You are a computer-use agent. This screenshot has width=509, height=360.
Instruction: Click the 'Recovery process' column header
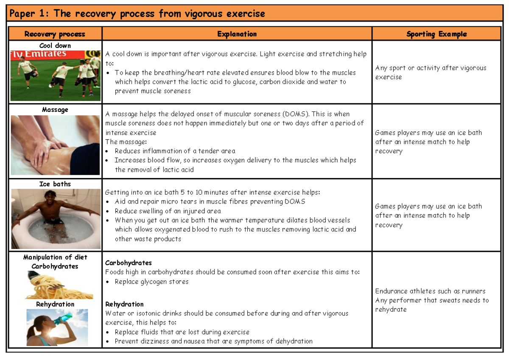pyautogui.click(x=55, y=34)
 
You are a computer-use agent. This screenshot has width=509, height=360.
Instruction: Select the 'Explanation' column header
pyautogui.click(x=237, y=34)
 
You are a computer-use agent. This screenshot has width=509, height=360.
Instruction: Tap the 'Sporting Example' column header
pyautogui.click(x=436, y=34)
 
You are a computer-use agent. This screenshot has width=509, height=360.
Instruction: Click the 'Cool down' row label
pyautogui.click(x=55, y=45)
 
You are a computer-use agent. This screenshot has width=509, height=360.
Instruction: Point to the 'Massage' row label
pyautogui.click(x=55, y=109)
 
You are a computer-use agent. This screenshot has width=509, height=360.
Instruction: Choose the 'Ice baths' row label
pyautogui.click(x=55, y=184)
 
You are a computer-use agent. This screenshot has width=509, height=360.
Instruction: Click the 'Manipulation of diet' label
pyautogui.click(x=55, y=257)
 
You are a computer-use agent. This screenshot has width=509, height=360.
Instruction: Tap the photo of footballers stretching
pyautogui.click(x=55, y=75)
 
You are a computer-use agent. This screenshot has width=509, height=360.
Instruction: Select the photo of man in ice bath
pyautogui.click(x=55, y=219)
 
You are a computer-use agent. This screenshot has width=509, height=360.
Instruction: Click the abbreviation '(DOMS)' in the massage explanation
pyautogui.click(x=296, y=114)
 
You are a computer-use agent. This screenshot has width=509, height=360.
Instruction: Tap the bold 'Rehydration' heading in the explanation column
pyautogui.click(x=124, y=304)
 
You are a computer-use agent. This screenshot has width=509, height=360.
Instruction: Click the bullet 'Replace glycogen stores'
pyautogui.click(x=151, y=282)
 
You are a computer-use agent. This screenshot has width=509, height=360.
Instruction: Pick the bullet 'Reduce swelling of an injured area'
pyautogui.click(x=168, y=211)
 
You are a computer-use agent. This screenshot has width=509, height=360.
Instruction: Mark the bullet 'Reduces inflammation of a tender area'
pyautogui.click(x=175, y=151)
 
